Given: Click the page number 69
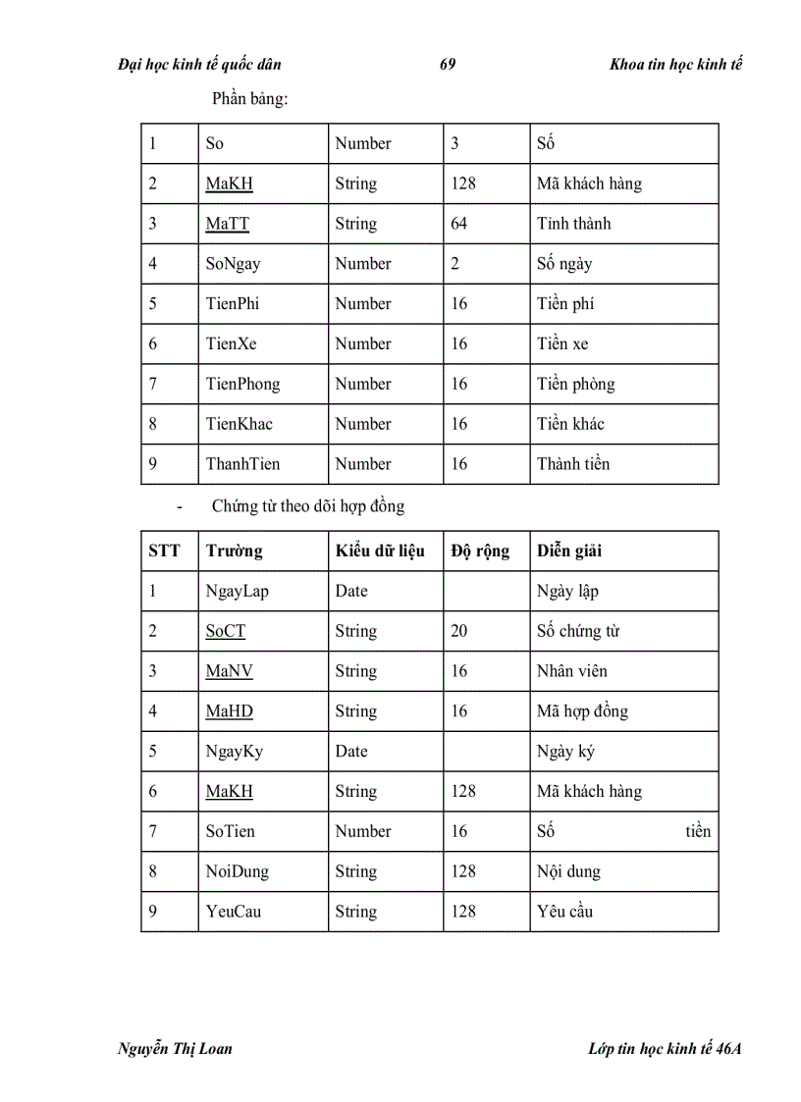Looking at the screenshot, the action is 448,65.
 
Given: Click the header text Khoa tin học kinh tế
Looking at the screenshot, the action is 675,65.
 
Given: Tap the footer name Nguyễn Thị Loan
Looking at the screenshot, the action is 175,1048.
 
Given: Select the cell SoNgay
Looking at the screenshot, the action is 233,264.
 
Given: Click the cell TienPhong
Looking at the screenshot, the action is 242,384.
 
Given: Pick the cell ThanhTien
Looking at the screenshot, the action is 242,464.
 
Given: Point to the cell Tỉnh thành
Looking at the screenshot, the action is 573,224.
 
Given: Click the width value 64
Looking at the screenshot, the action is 458,224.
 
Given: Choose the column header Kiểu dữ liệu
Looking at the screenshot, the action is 380,551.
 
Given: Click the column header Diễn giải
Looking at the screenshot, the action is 569,551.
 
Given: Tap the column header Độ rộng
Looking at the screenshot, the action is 480,551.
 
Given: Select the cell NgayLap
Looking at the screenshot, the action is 237,591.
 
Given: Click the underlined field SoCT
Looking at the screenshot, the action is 225,631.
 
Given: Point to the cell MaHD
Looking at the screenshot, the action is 229,711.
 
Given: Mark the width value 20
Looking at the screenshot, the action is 458,631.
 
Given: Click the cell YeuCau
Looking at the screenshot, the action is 234,912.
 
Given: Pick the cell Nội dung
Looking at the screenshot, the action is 568,871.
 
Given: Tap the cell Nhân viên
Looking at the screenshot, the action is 571,671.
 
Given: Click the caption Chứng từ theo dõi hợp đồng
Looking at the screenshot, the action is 307,506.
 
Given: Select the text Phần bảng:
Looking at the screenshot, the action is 249,98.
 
